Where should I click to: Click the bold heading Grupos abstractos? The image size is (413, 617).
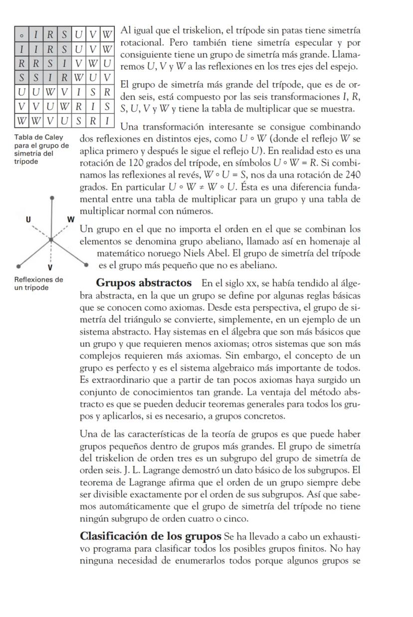coord(144,283)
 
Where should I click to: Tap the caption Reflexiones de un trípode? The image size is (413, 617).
coord(31,283)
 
